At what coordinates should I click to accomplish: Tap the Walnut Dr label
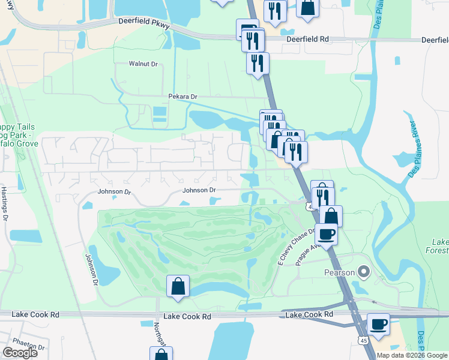(x=143, y=63)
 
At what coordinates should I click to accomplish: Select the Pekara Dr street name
(x=182, y=97)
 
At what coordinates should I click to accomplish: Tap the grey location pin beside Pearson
(x=363, y=272)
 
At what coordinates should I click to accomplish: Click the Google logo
(x=20, y=353)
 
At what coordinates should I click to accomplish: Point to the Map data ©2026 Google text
(x=411, y=355)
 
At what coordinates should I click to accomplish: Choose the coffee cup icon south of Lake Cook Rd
(x=378, y=325)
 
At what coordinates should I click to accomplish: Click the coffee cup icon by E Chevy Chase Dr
(x=326, y=233)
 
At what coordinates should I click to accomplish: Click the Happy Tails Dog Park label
(x=18, y=135)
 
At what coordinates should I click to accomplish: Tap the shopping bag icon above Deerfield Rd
(x=307, y=8)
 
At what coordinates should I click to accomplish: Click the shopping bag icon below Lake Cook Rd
(x=161, y=355)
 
